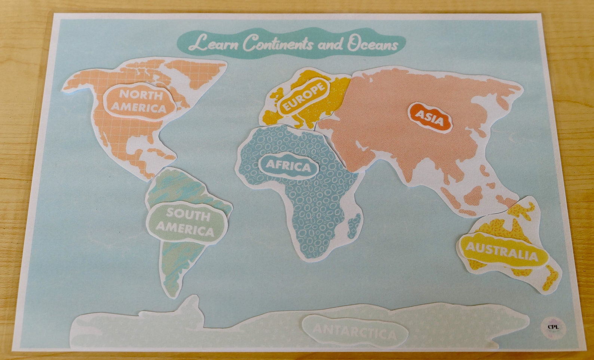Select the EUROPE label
[303, 97]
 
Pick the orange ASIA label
[429, 117]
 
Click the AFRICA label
[288, 166]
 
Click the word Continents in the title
[277, 43]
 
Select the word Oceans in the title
[373, 44]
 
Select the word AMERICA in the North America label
[139, 108]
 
